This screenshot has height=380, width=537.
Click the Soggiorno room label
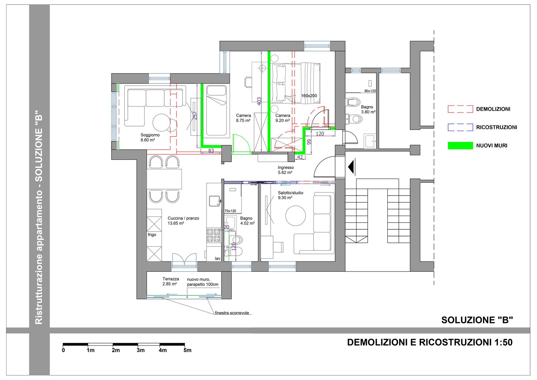point(150,135)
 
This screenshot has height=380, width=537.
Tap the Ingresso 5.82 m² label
point(286,170)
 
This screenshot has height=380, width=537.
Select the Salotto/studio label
point(291,193)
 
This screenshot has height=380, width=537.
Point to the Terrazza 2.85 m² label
point(170,282)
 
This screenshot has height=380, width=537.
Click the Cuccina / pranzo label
point(183,218)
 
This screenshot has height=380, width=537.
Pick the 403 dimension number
point(259,101)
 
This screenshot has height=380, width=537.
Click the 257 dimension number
point(195,115)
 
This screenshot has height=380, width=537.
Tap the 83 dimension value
point(211,151)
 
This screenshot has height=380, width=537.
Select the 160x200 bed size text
point(309,96)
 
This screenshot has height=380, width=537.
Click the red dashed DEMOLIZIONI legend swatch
point(460,109)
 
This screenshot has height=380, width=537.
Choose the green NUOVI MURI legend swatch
point(460,146)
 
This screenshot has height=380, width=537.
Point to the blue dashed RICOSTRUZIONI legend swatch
point(460,127)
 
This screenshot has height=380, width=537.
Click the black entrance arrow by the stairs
point(352,167)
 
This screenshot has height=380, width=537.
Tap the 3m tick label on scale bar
point(140,351)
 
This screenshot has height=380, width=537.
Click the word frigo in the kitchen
point(152,235)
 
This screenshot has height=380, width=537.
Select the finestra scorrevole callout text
point(232,313)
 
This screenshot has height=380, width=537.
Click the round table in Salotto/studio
point(295,216)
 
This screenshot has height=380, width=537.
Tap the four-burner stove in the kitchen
point(213,235)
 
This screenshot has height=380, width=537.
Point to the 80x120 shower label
point(370,91)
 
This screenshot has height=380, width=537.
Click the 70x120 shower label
point(230,211)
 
